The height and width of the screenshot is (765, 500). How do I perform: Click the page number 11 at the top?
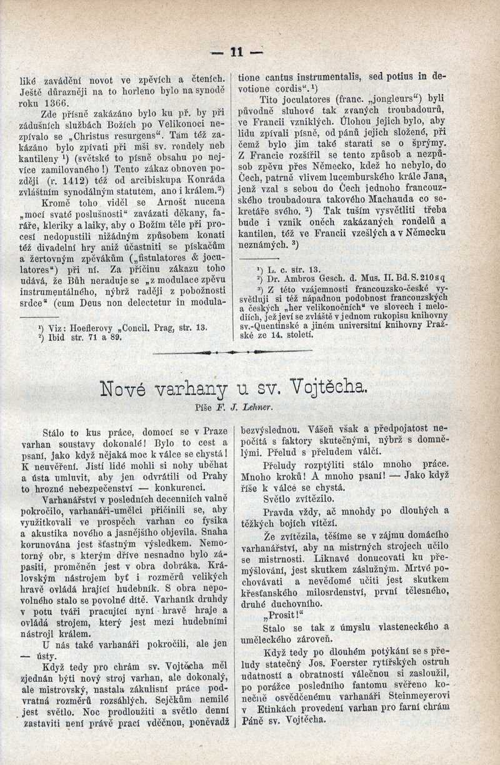tap(237, 53)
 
